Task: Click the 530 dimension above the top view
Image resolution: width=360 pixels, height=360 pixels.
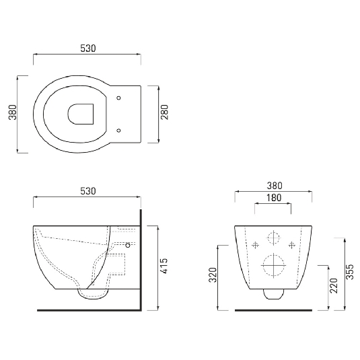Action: coord(87,48)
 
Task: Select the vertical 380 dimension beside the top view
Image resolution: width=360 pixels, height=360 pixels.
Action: coord(11,115)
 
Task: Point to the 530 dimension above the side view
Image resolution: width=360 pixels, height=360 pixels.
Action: coord(87,190)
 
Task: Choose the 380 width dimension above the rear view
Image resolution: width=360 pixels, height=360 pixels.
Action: coord(273,186)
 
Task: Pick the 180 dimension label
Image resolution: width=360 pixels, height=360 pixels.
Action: coord(273,198)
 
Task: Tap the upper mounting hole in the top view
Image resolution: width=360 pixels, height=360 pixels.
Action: coord(120,98)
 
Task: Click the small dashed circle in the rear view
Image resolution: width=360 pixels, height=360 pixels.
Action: coord(273,238)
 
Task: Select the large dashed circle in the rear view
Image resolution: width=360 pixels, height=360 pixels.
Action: coord(273,265)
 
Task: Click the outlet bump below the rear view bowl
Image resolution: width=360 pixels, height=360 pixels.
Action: coord(273,293)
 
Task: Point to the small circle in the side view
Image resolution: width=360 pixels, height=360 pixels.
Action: coord(128,246)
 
